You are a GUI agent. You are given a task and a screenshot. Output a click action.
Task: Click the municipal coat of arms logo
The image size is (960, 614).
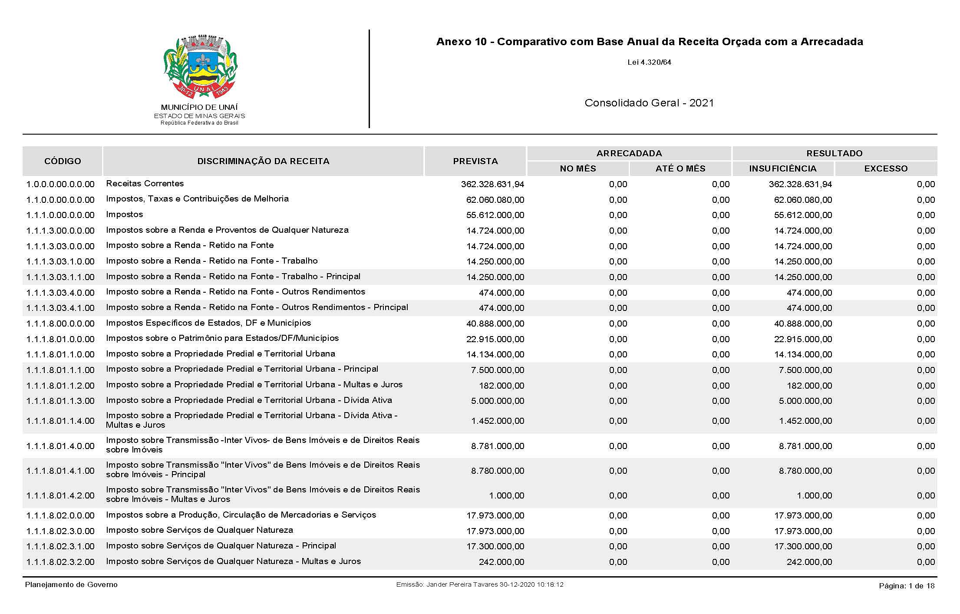[x=200, y=68]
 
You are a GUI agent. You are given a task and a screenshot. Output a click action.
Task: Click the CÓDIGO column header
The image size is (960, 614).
[x=63, y=161]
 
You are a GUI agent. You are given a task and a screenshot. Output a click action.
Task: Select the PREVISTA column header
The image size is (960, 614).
[x=475, y=161]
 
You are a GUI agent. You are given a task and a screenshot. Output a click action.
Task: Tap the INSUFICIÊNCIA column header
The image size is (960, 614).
[x=782, y=168]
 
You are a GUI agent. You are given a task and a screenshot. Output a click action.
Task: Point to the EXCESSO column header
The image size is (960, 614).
[x=886, y=168]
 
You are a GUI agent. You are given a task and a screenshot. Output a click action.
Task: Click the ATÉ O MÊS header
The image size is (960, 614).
[x=680, y=168]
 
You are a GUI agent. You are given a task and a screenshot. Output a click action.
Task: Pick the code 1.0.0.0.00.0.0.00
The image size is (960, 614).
[x=60, y=184]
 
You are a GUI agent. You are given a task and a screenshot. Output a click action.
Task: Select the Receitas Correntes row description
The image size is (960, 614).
[x=145, y=184]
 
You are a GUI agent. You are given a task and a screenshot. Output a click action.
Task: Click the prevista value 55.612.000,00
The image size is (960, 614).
[x=495, y=215]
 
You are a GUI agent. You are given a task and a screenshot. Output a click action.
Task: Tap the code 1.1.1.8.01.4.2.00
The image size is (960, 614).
[x=60, y=495]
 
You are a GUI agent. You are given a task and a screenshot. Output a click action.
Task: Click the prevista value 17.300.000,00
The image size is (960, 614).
[x=495, y=546]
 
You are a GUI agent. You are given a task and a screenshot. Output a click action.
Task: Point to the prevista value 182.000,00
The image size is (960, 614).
[x=501, y=386]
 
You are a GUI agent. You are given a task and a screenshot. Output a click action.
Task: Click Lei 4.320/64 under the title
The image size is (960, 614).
[x=649, y=62]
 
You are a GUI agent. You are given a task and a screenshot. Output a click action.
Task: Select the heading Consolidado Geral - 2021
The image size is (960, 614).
[x=649, y=103]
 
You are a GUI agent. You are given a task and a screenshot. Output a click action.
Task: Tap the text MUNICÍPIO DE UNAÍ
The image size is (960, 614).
[x=199, y=107]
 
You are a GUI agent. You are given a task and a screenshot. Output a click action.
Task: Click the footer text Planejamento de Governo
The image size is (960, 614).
[x=71, y=584]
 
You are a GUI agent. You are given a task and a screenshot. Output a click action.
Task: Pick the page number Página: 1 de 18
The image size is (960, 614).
[x=907, y=586]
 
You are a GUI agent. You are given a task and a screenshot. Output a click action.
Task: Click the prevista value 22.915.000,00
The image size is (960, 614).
[x=495, y=339]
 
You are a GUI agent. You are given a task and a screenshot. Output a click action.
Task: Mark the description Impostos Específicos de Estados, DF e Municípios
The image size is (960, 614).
[x=208, y=323]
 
